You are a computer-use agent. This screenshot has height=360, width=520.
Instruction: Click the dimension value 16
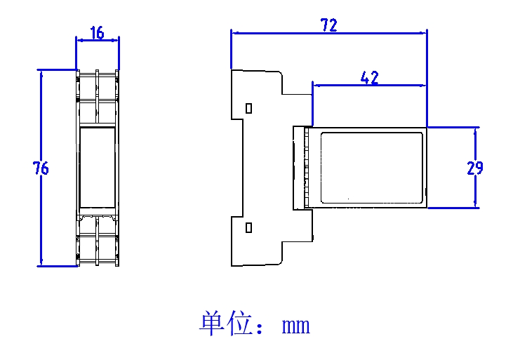coord(97,32)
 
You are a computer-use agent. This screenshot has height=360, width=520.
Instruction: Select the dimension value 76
coord(41,168)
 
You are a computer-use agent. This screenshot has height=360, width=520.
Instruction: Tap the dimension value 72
coord(328,25)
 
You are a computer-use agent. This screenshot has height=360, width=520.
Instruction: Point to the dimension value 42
coord(369,78)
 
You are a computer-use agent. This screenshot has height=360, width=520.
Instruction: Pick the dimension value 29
coord(474,168)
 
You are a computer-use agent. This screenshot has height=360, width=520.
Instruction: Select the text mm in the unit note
coord(295,326)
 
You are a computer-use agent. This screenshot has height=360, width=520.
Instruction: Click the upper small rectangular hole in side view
coord(248,108)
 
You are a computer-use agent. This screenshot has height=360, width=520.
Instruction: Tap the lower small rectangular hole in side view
coord(248,227)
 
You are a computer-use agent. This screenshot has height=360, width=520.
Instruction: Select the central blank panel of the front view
coord(98,168)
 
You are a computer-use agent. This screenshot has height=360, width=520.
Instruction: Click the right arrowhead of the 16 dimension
coord(116,40)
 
